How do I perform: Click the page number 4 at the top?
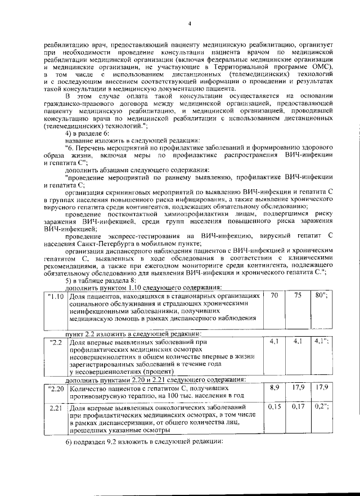click(x=190, y=23)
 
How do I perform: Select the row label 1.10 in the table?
click(x=56, y=296)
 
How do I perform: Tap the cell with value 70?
click(x=274, y=295)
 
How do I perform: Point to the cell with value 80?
click(x=321, y=295)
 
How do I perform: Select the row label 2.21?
click(x=56, y=407)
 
